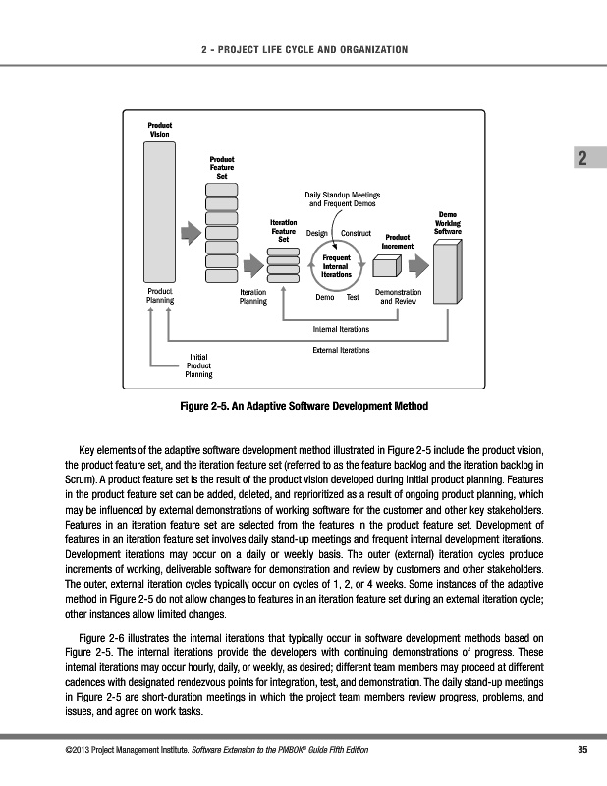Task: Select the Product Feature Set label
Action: (x=222, y=167)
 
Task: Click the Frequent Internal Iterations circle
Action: (x=337, y=265)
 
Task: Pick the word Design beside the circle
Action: (x=316, y=234)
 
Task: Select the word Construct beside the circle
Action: (x=356, y=234)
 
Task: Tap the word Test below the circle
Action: (x=354, y=297)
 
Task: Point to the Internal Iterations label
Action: (x=340, y=328)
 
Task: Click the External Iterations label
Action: (x=341, y=349)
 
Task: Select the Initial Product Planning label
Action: (x=199, y=365)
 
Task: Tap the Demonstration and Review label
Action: (x=399, y=297)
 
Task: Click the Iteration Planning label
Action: (x=253, y=297)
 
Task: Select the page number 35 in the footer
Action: (x=581, y=752)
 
